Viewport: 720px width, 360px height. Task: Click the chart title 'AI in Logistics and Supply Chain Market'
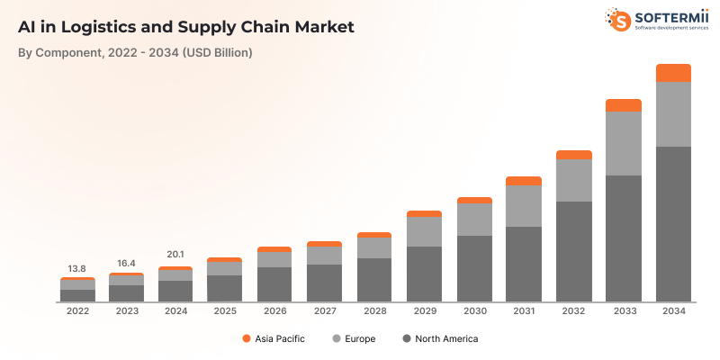pos(186,26)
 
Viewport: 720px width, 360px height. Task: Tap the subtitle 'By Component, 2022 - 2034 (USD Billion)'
pos(135,53)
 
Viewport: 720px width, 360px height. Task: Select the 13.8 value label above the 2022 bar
pos(77,269)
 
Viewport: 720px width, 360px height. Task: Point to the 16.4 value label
pos(127,264)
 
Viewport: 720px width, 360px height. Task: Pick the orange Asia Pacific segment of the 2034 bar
pos(673,73)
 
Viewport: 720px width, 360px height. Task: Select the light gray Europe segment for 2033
pos(623,143)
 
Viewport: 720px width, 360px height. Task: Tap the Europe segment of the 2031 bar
pos(524,206)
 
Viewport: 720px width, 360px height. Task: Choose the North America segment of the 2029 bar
pos(424,274)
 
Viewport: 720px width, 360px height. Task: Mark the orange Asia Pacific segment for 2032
pos(573,155)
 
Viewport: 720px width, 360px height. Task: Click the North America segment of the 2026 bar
pos(274,283)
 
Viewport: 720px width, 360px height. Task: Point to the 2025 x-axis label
pos(225,311)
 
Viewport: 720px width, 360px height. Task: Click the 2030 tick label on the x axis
pos(474,311)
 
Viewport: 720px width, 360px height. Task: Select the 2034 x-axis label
pos(673,311)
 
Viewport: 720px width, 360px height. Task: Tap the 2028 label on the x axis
pos(374,311)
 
